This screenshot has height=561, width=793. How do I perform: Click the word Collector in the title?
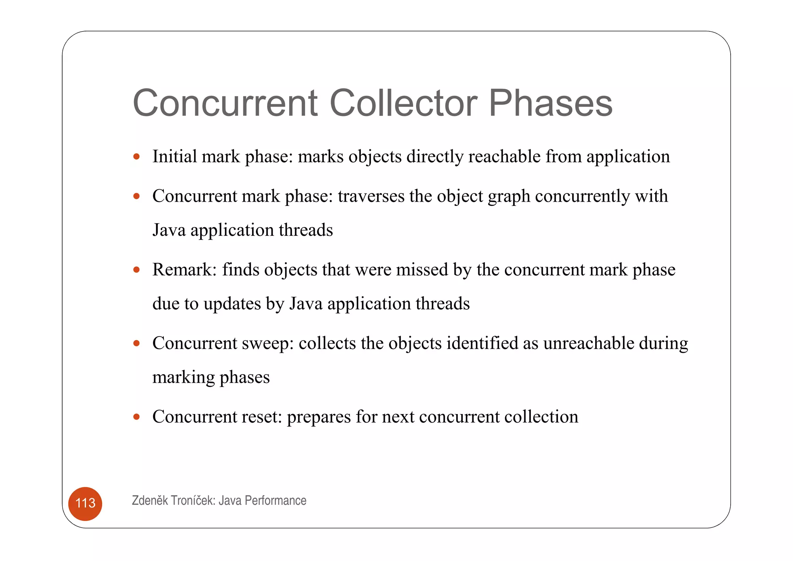coord(403,103)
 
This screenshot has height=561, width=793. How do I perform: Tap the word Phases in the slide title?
coord(550,103)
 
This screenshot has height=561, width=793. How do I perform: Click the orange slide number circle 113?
coord(85,503)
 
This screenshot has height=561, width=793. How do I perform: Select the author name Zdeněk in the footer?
coord(150,501)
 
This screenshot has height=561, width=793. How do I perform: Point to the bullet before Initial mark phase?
coord(136,157)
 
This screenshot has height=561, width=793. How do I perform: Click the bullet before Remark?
coord(136,270)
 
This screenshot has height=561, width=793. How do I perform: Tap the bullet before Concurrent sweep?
coord(136,344)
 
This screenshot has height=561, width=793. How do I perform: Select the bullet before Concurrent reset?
coord(136,417)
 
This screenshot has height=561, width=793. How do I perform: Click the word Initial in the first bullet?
coord(174,157)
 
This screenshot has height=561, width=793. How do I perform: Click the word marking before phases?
coord(184,378)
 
